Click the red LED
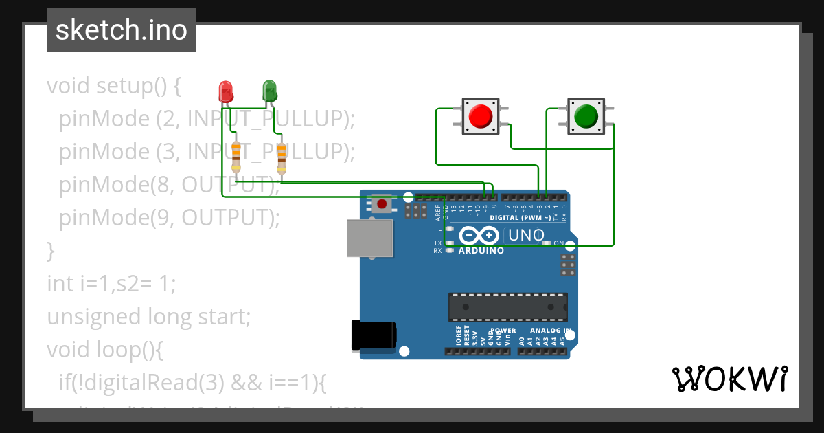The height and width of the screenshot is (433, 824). click(225, 91)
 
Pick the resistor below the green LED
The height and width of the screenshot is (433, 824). click(282, 157)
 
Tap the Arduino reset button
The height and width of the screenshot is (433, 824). click(382, 203)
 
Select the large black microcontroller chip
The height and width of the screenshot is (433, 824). click(508, 307)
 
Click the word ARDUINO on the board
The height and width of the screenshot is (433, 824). click(481, 251)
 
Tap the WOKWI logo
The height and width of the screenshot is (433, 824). click(729, 379)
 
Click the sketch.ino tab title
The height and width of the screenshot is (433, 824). click(122, 30)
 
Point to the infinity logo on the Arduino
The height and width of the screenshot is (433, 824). click(478, 236)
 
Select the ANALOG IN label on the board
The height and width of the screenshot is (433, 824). click(547, 331)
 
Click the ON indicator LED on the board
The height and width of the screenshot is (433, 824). click(547, 243)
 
